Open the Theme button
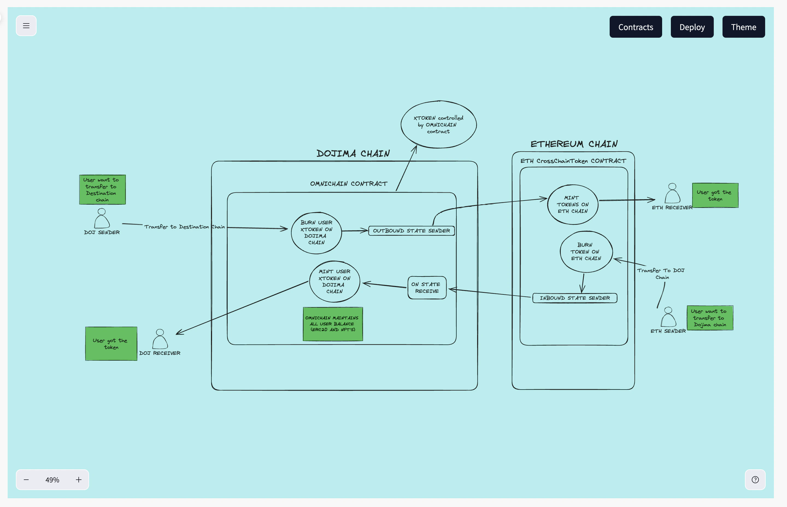[743, 27]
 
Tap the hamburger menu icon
[26, 26]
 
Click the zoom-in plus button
[78, 480]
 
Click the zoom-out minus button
[26, 480]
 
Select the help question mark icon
[755, 480]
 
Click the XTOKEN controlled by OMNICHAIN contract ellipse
[438, 125]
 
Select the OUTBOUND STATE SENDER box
[411, 231]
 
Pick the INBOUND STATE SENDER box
[575, 298]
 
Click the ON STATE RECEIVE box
[427, 288]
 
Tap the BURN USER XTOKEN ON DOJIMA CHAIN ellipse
[316, 233]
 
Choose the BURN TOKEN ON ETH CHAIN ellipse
[586, 252]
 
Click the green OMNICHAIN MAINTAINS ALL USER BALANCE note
[333, 324]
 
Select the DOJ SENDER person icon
[102, 219]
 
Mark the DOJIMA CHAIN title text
[353, 154]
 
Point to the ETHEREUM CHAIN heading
[574, 144]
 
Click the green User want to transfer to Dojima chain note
[710, 318]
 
